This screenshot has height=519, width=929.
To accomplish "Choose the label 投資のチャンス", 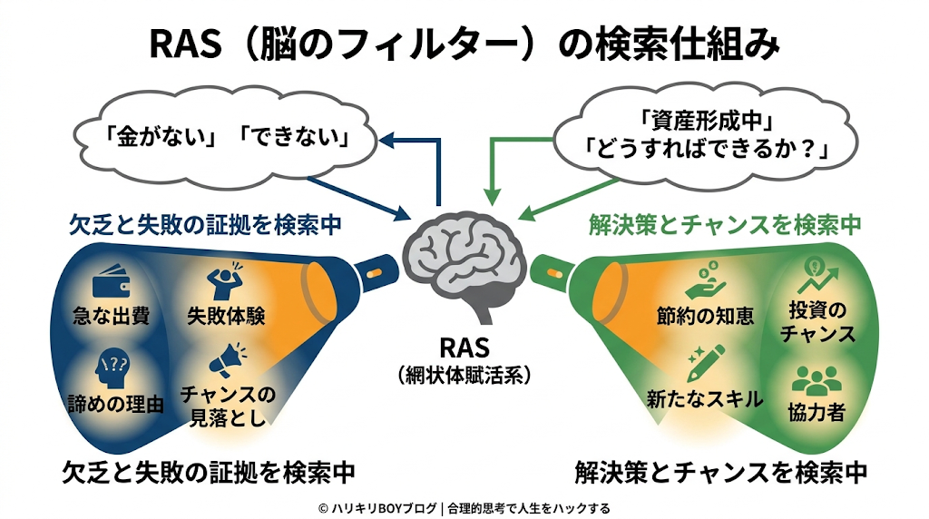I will (x=818, y=322).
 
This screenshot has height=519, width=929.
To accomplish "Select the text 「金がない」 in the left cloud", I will (x=151, y=141).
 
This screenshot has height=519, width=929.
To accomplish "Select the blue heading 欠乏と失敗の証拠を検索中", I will (x=189, y=224).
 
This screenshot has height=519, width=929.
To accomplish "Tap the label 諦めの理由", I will (x=115, y=405).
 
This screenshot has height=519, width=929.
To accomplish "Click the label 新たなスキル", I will (x=704, y=398).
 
